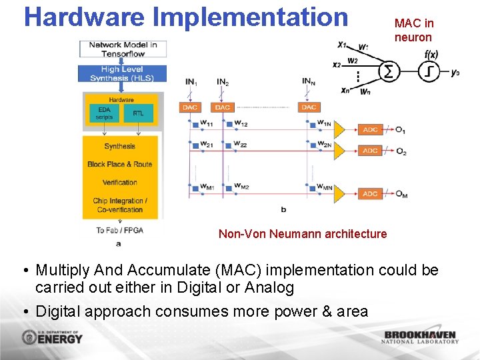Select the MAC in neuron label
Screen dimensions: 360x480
[x=413, y=31]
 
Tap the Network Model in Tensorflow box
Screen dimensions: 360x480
[x=123, y=49]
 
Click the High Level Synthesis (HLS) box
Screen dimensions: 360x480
[x=121, y=74]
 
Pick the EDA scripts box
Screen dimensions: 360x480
[x=104, y=113]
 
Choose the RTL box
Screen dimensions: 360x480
[x=138, y=113]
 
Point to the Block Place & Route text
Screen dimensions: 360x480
[x=120, y=164]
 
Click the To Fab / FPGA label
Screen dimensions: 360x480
[x=120, y=230]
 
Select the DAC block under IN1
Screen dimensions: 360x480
[x=191, y=107]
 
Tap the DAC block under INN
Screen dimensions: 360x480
[x=308, y=107]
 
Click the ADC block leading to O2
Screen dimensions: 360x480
[x=370, y=151]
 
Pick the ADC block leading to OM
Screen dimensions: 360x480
[x=370, y=194]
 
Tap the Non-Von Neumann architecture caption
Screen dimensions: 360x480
[x=302, y=233]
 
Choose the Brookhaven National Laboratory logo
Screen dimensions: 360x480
[x=420, y=337]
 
